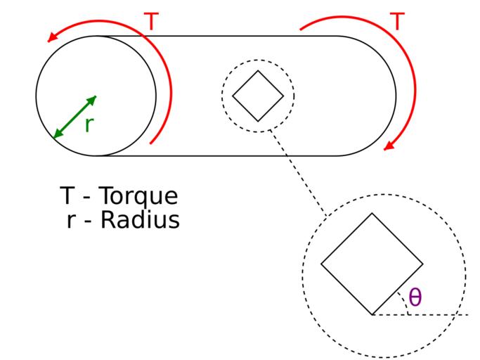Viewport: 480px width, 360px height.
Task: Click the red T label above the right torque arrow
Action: point(397,22)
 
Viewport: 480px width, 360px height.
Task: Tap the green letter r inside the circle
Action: point(89,124)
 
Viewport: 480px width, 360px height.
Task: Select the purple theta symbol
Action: point(415,297)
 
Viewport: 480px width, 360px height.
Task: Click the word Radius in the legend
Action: point(141,220)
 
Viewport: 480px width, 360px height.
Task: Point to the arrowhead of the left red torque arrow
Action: point(51,39)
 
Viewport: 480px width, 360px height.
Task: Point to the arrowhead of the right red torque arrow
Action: point(388,146)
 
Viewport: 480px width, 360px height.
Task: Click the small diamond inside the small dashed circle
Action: point(258,96)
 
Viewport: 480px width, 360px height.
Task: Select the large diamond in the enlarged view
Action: point(372,264)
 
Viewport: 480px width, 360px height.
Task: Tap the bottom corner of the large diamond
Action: point(372,314)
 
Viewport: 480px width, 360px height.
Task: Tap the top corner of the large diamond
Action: point(372,214)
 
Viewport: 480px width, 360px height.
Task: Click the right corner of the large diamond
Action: point(423,264)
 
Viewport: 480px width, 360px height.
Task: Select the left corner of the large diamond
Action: point(321,264)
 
